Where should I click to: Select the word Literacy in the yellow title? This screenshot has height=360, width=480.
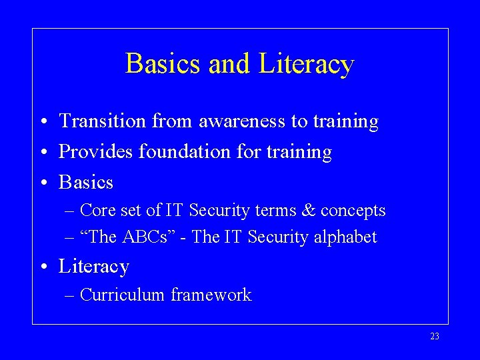[x=306, y=65]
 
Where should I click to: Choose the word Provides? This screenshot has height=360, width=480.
[x=96, y=152]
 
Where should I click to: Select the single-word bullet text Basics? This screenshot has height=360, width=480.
[x=86, y=182]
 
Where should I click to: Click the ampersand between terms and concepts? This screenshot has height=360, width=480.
[x=308, y=211]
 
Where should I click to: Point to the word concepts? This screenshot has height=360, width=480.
[x=353, y=211]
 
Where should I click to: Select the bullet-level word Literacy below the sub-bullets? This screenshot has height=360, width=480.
[x=93, y=267]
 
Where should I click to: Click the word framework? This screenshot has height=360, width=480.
[x=211, y=295]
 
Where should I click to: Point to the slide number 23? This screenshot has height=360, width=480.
[x=435, y=337]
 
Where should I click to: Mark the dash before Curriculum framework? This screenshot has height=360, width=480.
[x=70, y=295]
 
